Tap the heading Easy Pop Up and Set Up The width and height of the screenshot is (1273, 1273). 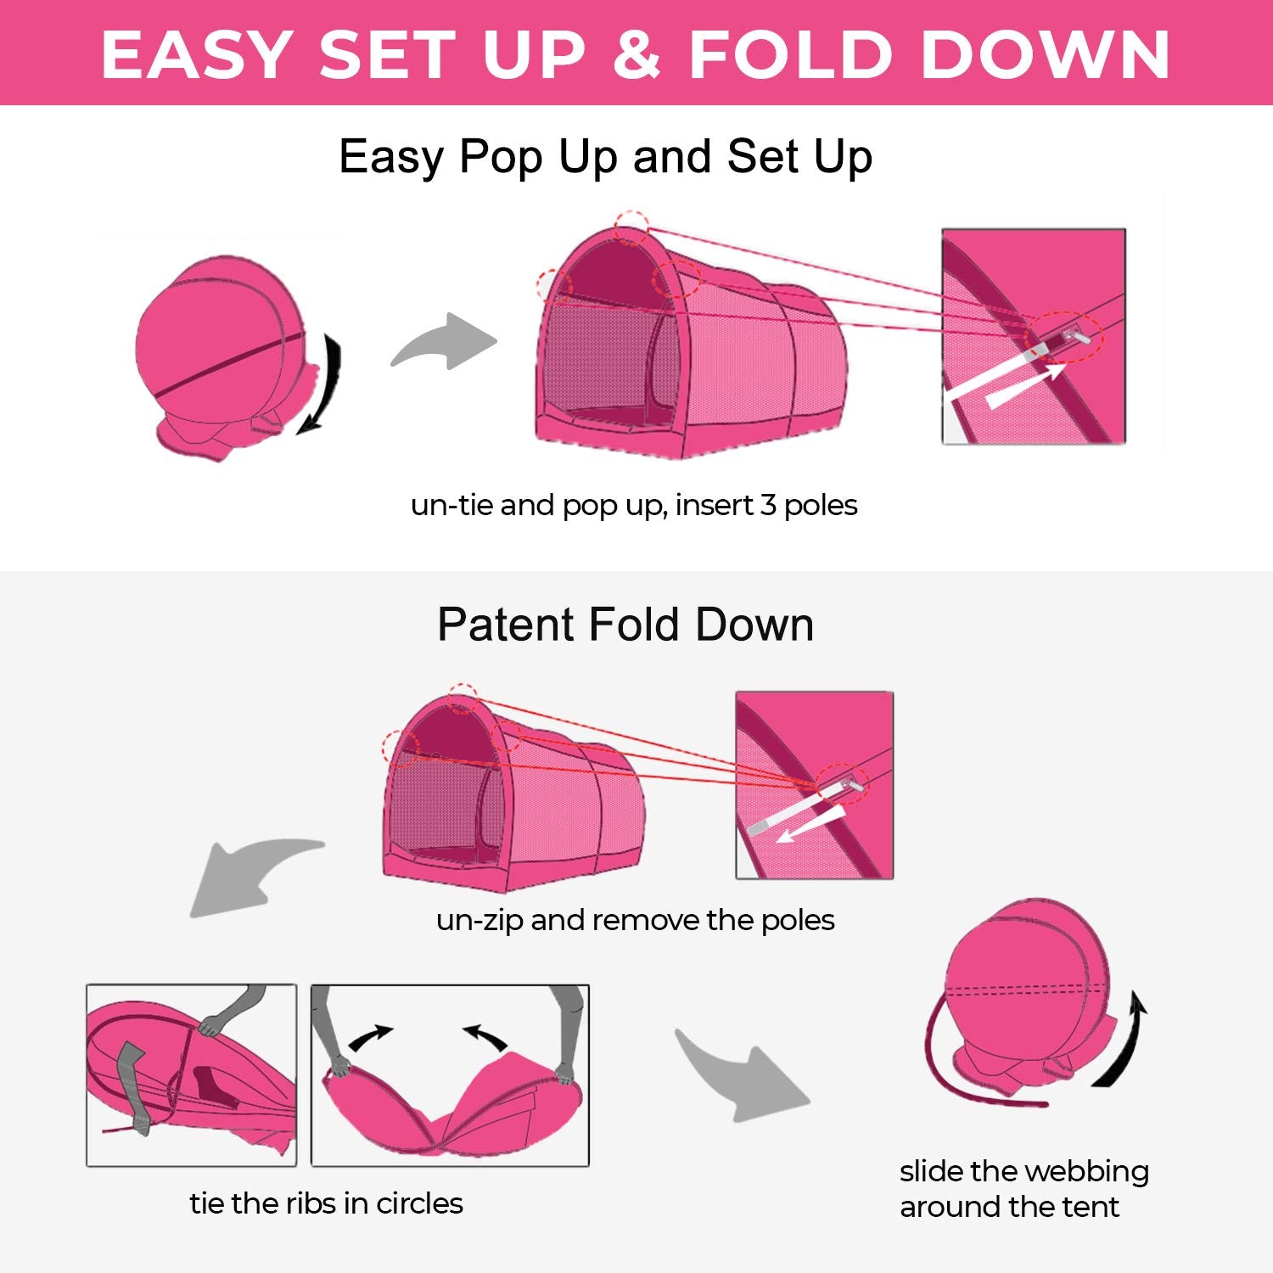tap(605, 157)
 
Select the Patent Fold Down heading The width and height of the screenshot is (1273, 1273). tap(625, 625)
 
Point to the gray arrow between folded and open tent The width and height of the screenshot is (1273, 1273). tap(445, 342)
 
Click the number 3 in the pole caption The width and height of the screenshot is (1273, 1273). tap(767, 505)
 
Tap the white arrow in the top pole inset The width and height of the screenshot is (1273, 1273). tap(1023, 385)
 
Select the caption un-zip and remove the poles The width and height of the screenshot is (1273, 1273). tap(635, 920)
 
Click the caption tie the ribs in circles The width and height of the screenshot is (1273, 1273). tap(326, 1203)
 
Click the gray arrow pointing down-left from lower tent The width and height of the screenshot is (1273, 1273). tap(246, 874)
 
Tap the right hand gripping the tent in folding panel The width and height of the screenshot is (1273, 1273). tap(564, 1076)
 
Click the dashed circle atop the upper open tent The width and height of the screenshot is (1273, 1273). tap(631, 227)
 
